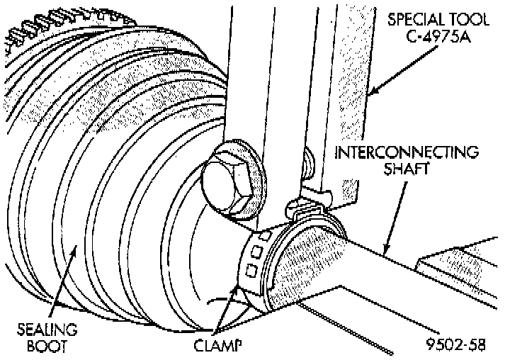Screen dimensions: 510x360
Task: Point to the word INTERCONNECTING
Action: coord(407,152)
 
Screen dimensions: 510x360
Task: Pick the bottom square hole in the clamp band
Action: coord(249,269)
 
